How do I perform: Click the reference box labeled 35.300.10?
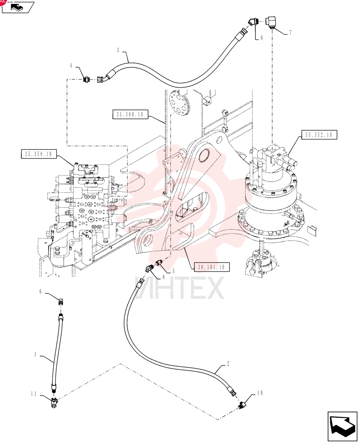coord(130,114)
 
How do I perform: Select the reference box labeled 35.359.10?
coord(39,154)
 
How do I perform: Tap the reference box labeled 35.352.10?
coord(318,135)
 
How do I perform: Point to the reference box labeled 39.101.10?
coord(211,267)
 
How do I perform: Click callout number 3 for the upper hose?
coord(118,51)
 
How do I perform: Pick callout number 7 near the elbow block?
coord(290,33)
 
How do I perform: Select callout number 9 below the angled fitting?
coord(261,38)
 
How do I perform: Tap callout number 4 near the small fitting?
coord(71,66)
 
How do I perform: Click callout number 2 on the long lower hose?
coord(228,363)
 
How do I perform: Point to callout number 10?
coord(260,392)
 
